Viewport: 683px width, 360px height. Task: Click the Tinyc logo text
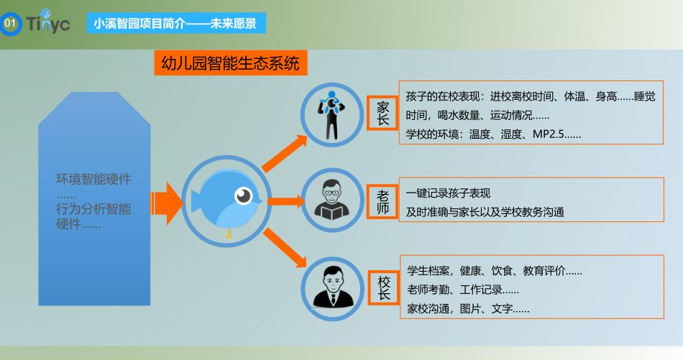(x=48, y=23)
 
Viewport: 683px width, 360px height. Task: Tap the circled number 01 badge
(x=10, y=23)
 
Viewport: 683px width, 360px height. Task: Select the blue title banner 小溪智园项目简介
(x=176, y=23)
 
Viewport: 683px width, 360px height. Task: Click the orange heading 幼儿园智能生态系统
(x=231, y=63)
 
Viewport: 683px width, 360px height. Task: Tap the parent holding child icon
(x=331, y=115)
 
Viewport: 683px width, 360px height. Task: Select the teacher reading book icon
(x=332, y=200)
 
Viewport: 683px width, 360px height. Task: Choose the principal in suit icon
(x=333, y=287)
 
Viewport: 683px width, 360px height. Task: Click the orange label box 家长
(x=382, y=114)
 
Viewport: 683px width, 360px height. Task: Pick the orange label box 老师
(x=382, y=201)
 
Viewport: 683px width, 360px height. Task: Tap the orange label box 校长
(x=384, y=287)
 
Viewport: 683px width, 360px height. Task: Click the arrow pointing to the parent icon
(x=285, y=153)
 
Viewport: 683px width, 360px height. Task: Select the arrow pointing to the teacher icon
(x=286, y=201)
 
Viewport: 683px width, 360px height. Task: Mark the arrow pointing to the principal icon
(x=285, y=246)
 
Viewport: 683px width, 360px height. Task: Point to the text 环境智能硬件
(x=93, y=178)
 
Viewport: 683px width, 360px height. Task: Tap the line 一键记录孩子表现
(x=448, y=193)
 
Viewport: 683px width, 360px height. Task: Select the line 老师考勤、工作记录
(x=462, y=290)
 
